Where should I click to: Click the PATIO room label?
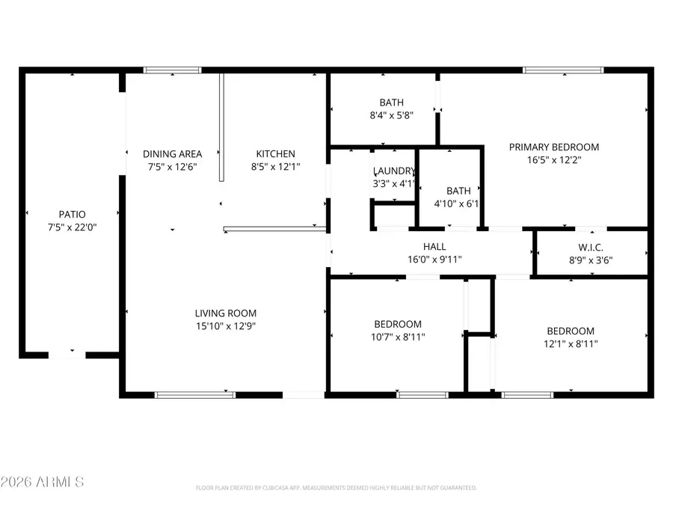pyautogui.click(x=72, y=214)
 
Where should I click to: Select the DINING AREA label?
pyautogui.click(x=172, y=154)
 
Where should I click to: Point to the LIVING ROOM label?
pyautogui.click(x=226, y=313)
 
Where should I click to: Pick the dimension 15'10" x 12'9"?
pyautogui.click(x=226, y=326)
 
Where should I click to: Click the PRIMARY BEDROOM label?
pyautogui.click(x=554, y=147)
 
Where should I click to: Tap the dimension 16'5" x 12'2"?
pyautogui.click(x=554, y=159)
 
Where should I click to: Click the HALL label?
pyautogui.click(x=434, y=247)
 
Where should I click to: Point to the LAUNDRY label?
pyautogui.click(x=393, y=171)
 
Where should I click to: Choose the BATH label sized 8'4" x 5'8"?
pyautogui.click(x=391, y=102)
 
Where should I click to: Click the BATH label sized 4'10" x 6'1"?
pyautogui.click(x=458, y=191)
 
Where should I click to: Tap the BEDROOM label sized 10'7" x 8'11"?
pyautogui.click(x=398, y=324)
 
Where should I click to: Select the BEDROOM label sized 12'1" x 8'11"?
pyautogui.click(x=571, y=331)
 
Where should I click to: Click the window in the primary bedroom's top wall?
pyautogui.click(x=563, y=70)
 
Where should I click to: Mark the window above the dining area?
pyautogui.click(x=173, y=70)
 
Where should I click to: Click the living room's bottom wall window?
pyautogui.click(x=195, y=394)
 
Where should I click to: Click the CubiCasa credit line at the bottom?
pyautogui.click(x=336, y=488)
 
